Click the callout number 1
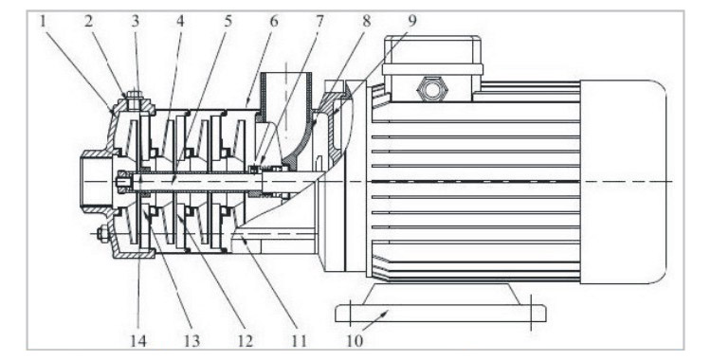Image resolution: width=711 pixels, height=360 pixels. (x=44, y=21)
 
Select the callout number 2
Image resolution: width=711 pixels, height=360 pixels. (x=88, y=21)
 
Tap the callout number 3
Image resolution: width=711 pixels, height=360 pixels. (x=136, y=21)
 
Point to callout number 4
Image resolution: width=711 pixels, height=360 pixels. (x=181, y=21)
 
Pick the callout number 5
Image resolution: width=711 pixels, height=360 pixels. (x=228, y=21)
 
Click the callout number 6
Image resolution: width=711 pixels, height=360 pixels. (x=274, y=21)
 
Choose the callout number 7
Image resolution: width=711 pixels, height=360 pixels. (x=320, y=21)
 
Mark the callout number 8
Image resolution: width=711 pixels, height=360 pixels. (x=366, y=21)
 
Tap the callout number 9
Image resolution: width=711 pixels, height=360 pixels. (x=411, y=21)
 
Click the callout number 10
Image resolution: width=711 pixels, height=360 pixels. (x=355, y=340)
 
